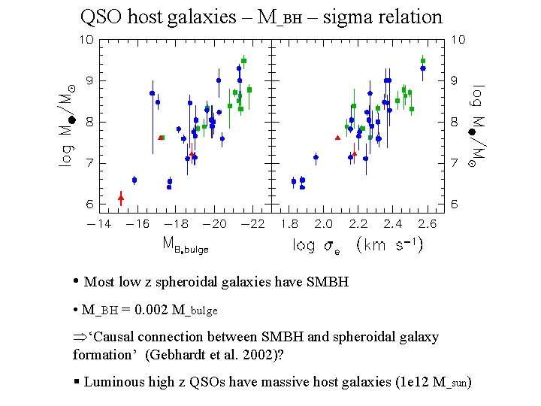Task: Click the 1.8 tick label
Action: [289, 224]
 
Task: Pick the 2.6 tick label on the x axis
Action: [427, 224]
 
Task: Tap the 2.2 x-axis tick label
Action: [358, 224]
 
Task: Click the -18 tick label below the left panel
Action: [176, 224]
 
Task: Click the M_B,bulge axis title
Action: [185, 244]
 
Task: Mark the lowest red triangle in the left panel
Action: [121, 197]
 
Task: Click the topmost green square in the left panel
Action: [243, 61]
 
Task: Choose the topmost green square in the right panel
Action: [423, 61]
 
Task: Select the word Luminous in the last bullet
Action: [109, 382]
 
